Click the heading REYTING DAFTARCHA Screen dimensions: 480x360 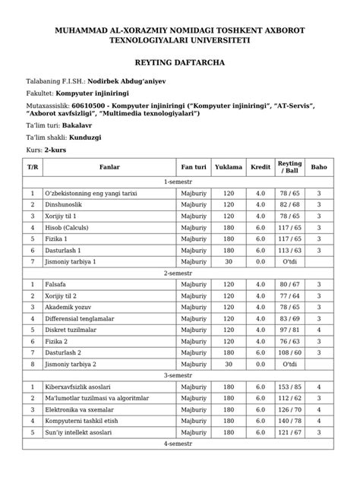point(179,66)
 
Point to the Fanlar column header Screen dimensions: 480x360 point(104,166)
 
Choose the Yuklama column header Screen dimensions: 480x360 point(229,166)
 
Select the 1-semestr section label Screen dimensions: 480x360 point(179,182)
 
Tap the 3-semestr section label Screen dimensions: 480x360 point(179,374)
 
